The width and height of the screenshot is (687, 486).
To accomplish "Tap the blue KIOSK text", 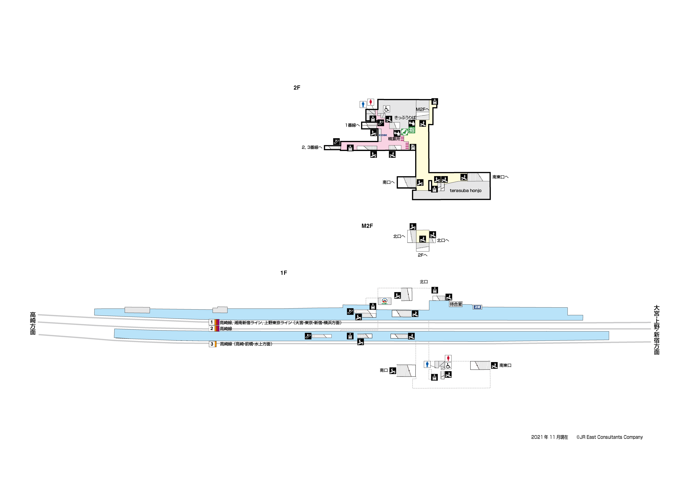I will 383,135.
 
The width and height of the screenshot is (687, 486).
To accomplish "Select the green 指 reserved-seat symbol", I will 412,130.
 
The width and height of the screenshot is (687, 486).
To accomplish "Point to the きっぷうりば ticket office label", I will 405,117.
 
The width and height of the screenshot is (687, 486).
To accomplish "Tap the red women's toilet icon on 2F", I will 371,102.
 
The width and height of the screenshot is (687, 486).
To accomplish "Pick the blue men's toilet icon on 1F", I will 427,364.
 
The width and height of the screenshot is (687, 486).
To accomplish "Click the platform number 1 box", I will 212,322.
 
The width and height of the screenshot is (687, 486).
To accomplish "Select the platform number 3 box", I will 212,344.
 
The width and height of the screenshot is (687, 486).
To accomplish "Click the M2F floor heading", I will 367,226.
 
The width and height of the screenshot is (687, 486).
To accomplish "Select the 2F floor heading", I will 297,87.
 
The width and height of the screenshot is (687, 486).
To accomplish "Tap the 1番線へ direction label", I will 352,125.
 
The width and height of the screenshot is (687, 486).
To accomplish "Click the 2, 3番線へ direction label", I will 312,147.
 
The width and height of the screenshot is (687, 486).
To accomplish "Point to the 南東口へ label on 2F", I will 500,177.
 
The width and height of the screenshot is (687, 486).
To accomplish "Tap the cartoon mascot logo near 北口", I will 384,301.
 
